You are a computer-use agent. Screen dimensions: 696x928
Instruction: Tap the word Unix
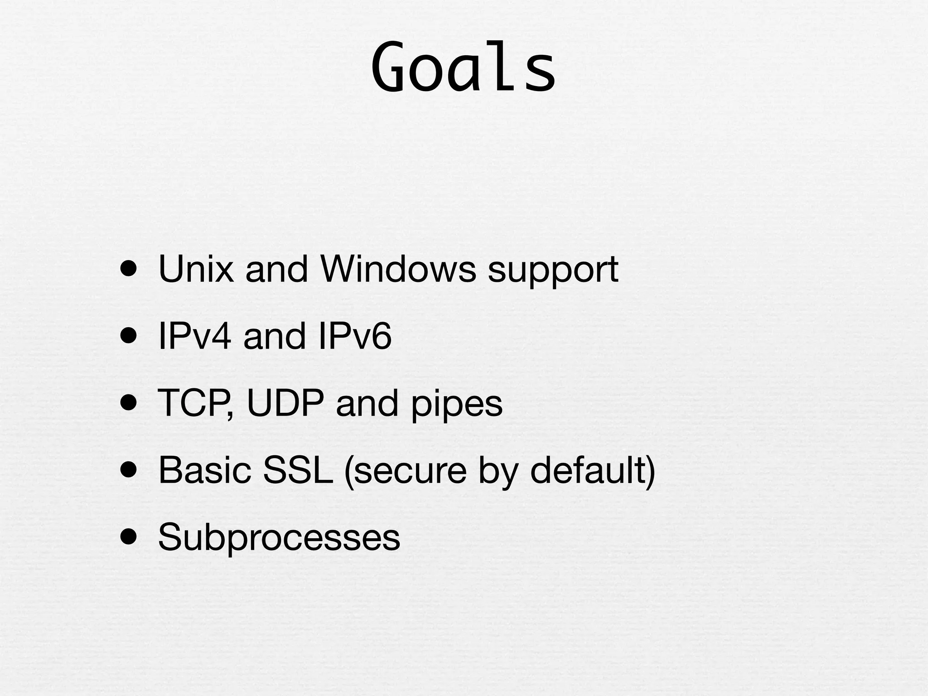point(196,269)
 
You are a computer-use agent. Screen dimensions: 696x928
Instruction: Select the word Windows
point(398,269)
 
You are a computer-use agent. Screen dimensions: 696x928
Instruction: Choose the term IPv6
point(354,336)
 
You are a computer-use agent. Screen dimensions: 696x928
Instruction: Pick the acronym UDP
point(285,403)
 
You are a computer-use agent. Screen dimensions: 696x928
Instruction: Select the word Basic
point(204,470)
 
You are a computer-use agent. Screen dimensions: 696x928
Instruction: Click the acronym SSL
point(298,470)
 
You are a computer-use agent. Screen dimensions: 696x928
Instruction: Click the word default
point(588,470)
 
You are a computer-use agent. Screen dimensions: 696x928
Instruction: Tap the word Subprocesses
point(279,537)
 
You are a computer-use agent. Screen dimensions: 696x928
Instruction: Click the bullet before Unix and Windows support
point(129,269)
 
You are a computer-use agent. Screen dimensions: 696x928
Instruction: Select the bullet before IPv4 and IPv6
point(129,336)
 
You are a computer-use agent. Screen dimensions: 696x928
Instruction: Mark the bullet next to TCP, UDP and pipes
point(129,403)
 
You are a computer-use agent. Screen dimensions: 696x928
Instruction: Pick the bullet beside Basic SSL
point(129,470)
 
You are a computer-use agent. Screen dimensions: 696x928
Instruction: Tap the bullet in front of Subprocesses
point(129,537)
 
